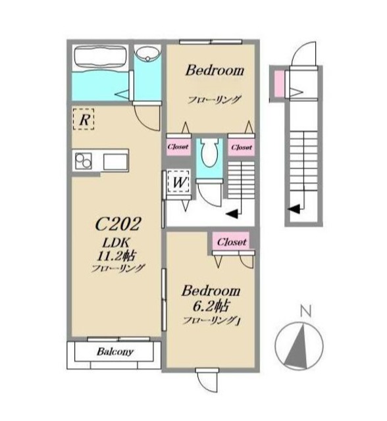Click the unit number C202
click(118, 224)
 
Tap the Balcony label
click(115, 351)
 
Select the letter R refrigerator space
click(84, 119)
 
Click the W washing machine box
click(178, 182)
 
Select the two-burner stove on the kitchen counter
click(83, 161)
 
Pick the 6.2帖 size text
click(211, 306)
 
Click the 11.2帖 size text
click(116, 257)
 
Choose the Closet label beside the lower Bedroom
click(232, 242)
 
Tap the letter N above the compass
click(305, 311)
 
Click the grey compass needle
click(298, 346)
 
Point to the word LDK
click(116, 243)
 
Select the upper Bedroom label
click(215, 70)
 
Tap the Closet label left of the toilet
click(178, 147)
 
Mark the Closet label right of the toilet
click(242, 147)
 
